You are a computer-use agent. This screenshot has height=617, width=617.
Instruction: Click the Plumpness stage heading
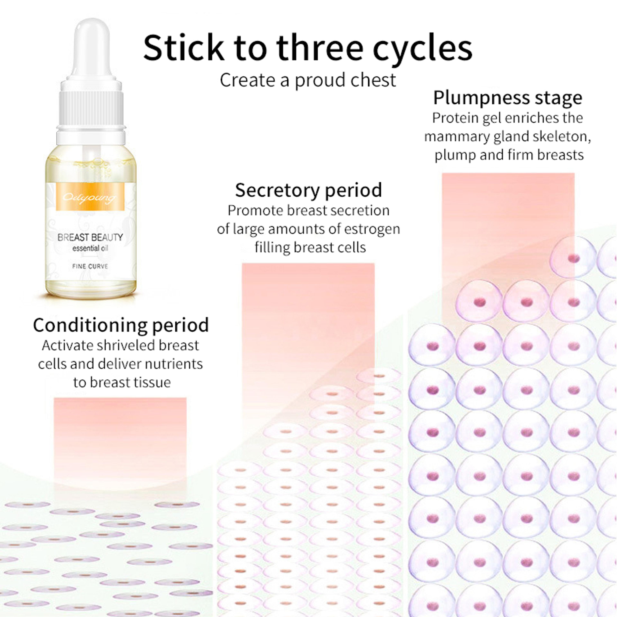pos(507,98)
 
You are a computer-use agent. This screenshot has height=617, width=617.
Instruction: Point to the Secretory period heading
pos(308,190)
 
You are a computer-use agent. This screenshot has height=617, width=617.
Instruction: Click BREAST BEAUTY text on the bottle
pos(90,237)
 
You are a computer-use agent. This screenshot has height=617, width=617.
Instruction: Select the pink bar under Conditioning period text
pos(120,444)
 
